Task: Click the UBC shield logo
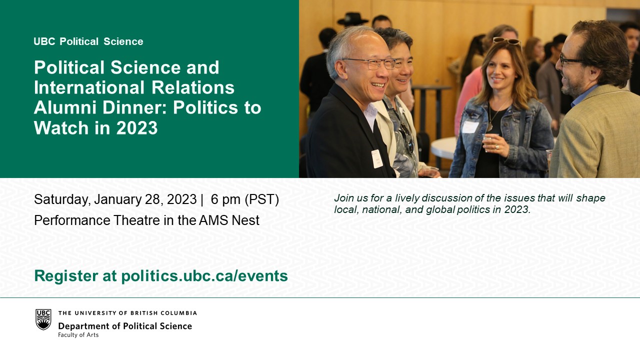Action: tap(43, 319)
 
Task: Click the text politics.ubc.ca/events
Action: tap(204, 276)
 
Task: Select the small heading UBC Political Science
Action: tap(88, 41)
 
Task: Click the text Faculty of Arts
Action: tap(78, 335)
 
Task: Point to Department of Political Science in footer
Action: tap(125, 326)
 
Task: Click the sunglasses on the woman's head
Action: tap(507, 41)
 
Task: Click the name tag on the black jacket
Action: tap(377, 159)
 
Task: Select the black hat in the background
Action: tap(352, 18)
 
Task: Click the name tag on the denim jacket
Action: tap(470, 126)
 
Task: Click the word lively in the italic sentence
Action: tap(407, 198)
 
